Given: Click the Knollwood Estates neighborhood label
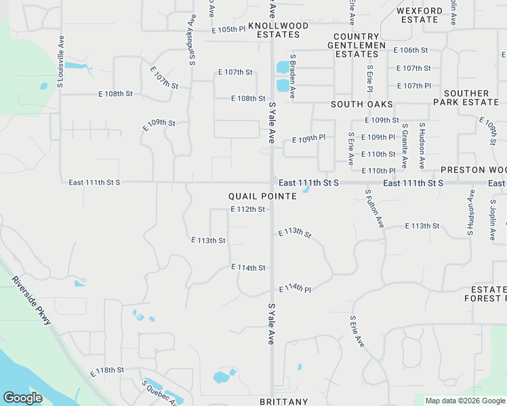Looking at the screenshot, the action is [x=278, y=30].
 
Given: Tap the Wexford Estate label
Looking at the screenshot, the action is [x=419, y=15].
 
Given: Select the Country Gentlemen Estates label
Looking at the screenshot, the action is [x=356, y=45].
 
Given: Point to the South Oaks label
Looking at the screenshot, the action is [x=362, y=104].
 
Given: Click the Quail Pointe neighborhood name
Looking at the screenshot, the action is [x=262, y=196].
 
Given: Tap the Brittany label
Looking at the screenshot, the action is [x=283, y=401].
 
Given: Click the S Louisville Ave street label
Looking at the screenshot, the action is [x=60, y=62].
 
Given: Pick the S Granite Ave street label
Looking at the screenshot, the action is [x=405, y=145].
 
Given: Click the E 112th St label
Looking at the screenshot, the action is [x=247, y=209].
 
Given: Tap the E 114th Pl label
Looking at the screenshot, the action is [x=295, y=288].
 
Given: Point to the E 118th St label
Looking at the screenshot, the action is [x=107, y=370].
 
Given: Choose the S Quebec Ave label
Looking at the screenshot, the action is [x=160, y=392].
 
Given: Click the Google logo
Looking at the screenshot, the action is [x=23, y=398].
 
